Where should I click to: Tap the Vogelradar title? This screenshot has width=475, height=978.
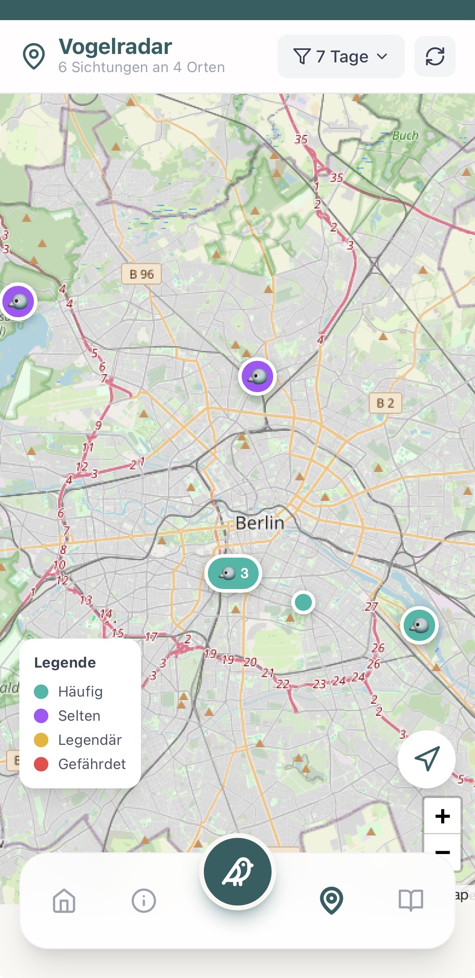coord(115,47)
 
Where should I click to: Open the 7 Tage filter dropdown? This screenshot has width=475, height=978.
coord(341,56)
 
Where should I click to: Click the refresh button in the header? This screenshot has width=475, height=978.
coord(435,56)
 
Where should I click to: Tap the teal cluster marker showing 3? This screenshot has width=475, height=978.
coord(233,573)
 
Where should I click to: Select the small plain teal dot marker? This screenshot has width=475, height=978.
coord(303,602)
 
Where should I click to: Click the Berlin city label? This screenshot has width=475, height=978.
coord(260,523)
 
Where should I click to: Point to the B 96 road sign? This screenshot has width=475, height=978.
coord(141,274)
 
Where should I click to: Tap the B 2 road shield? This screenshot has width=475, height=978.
coord(385,403)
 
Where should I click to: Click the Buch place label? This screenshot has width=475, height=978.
coord(405,136)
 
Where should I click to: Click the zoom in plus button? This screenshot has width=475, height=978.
coord(442,816)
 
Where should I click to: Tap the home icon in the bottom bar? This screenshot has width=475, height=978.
coord(64,900)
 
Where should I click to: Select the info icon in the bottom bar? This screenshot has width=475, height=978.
coord(143,900)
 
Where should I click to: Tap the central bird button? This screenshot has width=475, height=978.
coord(237,872)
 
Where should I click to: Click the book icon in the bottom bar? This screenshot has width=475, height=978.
coord(411,900)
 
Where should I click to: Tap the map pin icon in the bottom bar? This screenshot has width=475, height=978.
coord(331,900)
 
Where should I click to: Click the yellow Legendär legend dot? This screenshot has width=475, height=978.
coord(41,740)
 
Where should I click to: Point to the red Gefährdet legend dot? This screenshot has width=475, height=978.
coord(41,764)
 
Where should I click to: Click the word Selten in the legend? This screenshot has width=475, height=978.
coord(79,716)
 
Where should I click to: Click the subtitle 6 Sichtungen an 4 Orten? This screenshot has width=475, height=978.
coord(141,67)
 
